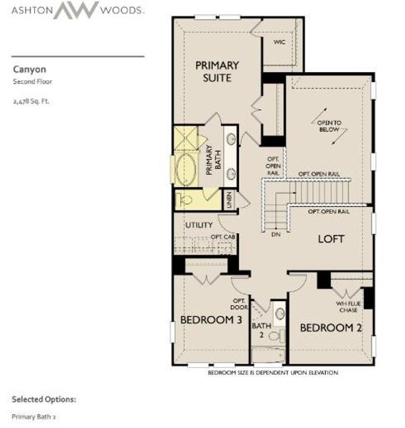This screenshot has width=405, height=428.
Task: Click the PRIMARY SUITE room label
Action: click(x=217, y=71)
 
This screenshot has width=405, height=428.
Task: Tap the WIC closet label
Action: click(x=280, y=42)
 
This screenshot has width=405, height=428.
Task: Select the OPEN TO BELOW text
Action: click(x=329, y=127)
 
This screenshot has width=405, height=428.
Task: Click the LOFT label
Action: click(x=331, y=239)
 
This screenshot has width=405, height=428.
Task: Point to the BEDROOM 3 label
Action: click(x=210, y=320)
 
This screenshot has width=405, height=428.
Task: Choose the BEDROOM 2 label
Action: click(x=327, y=327)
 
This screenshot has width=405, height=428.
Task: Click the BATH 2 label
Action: click(x=262, y=330)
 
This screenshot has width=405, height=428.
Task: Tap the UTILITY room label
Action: click(x=199, y=225)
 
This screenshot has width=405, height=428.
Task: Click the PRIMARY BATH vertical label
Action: click(x=210, y=160)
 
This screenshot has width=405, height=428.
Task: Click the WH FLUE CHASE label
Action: click(x=349, y=307)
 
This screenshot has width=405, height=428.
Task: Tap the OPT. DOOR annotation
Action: click(x=239, y=304)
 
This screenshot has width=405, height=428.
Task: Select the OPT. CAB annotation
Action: click(x=222, y=237)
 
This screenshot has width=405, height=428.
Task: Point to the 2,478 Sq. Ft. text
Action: click(x=31, y=101)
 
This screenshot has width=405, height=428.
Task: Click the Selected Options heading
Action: click(x=43, y=399)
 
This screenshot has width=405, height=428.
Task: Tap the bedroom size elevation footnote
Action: click(x=272, y=373)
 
